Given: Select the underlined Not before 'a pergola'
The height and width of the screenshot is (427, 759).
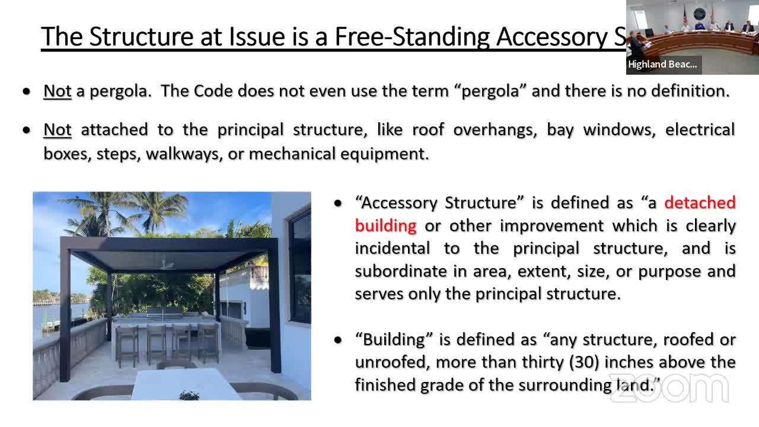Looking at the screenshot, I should click(x=58, y=91).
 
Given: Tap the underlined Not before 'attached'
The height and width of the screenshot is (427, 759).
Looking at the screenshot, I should click(x=58, y=130).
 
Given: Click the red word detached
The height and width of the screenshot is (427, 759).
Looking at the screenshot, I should click(x=700, y=203).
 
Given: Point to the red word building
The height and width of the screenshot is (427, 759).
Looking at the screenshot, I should click(x=385, y=226).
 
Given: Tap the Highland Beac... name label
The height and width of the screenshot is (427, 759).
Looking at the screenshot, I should click(x=662, y=65).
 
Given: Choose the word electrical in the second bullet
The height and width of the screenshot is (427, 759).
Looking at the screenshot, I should click(x=700, y=130).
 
